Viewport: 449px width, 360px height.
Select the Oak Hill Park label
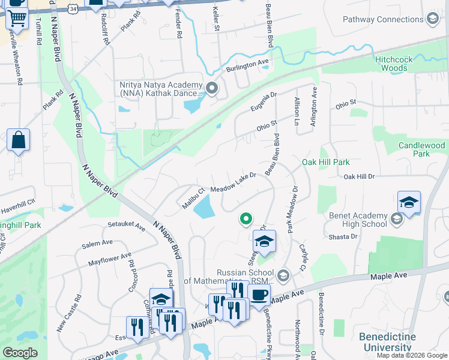tap(325, 162)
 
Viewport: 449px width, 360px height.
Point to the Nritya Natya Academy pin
tap(211, 89)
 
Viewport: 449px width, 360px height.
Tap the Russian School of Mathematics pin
tap(283, 276)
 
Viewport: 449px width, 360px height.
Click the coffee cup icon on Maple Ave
tap(259, 295)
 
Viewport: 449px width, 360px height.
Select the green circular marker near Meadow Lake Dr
tap(245, 219)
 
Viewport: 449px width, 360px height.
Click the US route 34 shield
tap(73, 10)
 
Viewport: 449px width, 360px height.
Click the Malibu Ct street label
tap(194, 199)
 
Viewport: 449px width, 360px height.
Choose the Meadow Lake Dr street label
tap(234, 182)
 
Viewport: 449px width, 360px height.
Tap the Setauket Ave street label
tap(127, 227)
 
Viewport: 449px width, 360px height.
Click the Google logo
tap(20, 353)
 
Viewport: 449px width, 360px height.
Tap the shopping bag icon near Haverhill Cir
tap(19, 140)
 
